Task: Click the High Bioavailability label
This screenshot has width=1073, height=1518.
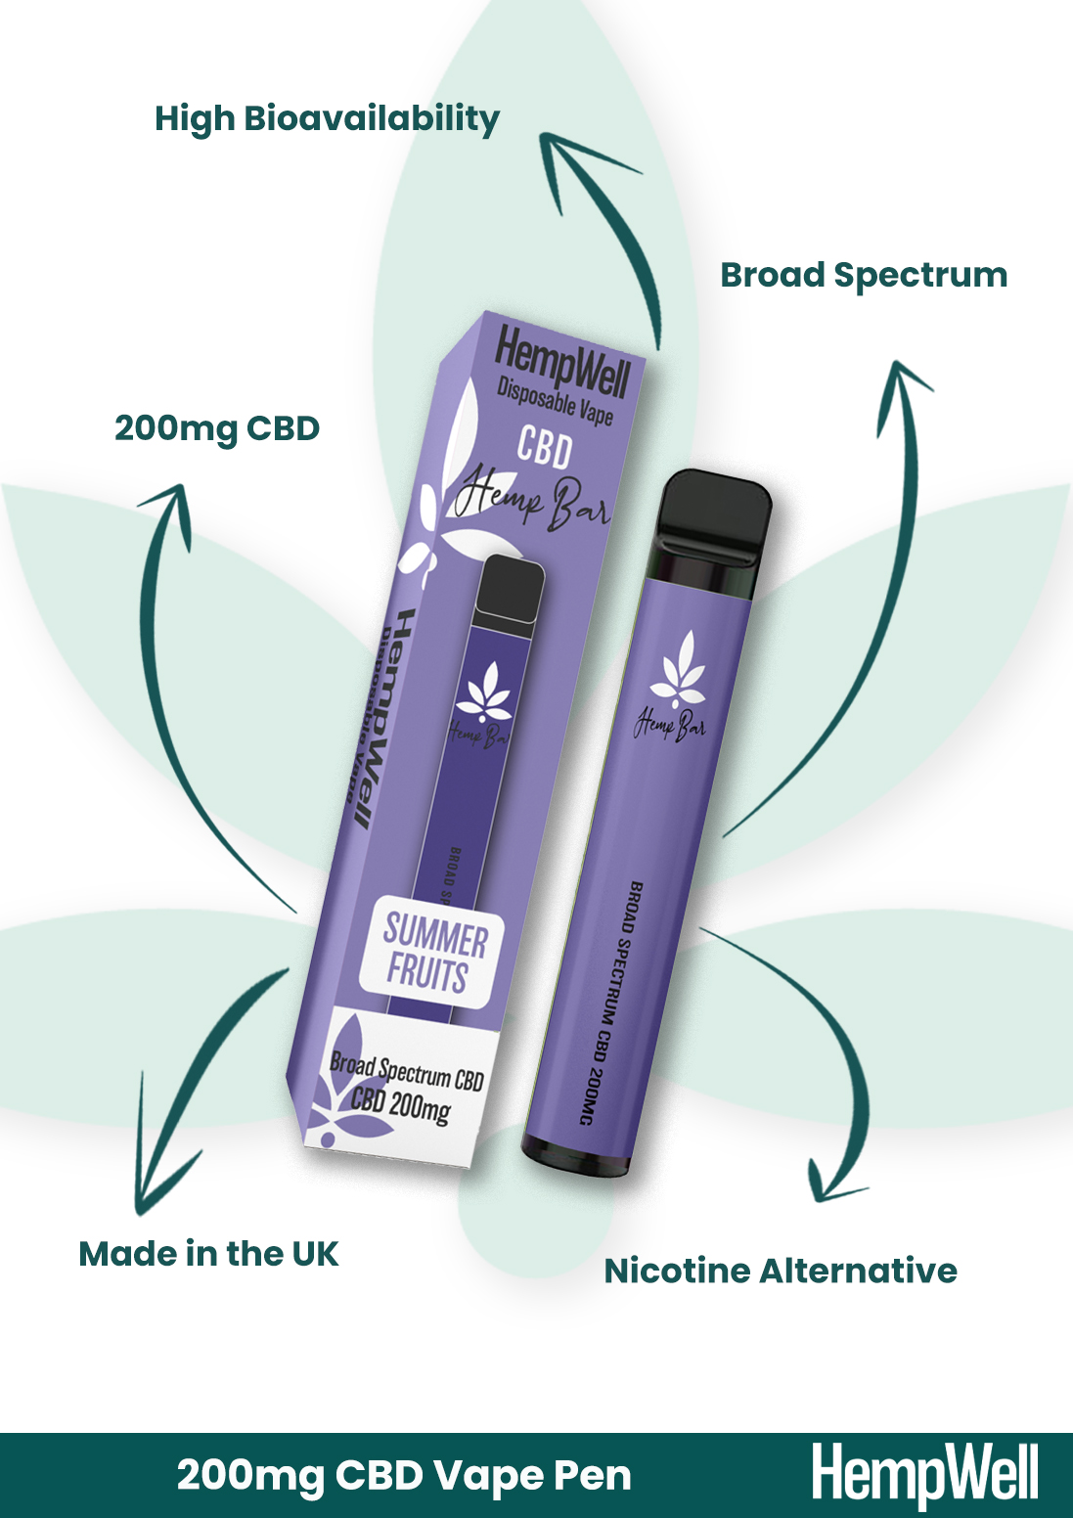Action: point(327,119)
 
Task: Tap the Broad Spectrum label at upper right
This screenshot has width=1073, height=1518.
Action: point(864,276)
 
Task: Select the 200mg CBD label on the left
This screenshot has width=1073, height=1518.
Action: point(217,429)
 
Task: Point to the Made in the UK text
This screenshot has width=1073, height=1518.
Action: point(208,1254)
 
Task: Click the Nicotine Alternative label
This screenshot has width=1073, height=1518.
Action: point(781,1271)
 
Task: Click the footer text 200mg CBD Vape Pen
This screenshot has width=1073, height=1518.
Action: point(404,1476)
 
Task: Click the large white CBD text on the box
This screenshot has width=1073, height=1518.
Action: point(544,449)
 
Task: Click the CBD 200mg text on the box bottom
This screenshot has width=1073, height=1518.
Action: point(400,1104)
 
